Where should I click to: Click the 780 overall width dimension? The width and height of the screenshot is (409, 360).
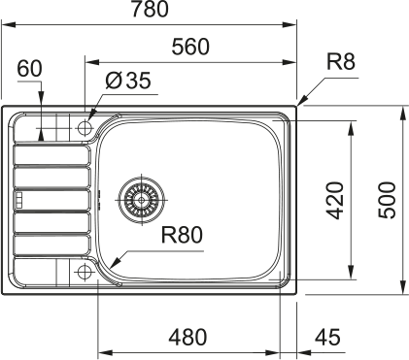(150, 9)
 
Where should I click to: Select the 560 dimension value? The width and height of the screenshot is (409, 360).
(190, 47)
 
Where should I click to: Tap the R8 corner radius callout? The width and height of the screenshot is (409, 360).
(341, 62)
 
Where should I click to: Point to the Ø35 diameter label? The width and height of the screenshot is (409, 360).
(128, 81)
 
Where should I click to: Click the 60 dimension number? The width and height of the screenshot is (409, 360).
(29, 69)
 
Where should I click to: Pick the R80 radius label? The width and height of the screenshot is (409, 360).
(182, 235)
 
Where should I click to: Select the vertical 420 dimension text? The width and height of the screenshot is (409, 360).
(334, 201)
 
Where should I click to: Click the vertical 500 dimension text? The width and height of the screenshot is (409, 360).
(388, 201)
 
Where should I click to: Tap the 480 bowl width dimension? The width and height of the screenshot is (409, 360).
(187, 337)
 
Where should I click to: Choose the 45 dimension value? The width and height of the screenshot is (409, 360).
(327, 337)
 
